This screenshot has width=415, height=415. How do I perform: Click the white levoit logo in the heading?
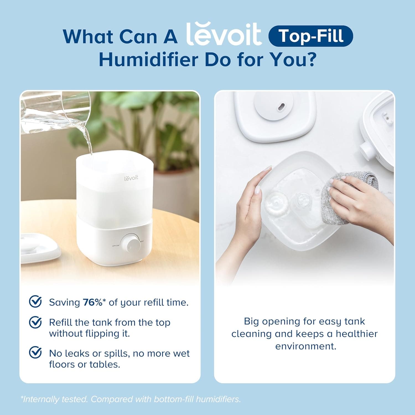tap(224, 35)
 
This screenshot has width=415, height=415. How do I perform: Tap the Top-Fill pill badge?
tap(310, 36)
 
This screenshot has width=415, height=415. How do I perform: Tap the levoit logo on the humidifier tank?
tap(131, 178)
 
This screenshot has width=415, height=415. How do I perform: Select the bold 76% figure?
tap(92, 302)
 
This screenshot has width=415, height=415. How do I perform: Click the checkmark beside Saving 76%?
tap(35, 302)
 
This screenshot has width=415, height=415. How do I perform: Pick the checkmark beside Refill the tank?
tap(35, 322)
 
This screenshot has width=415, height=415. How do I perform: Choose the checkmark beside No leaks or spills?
tap(35, 352)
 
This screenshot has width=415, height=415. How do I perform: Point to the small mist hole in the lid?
tap(281, 106)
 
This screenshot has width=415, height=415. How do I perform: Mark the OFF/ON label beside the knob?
tap(115, 246)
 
